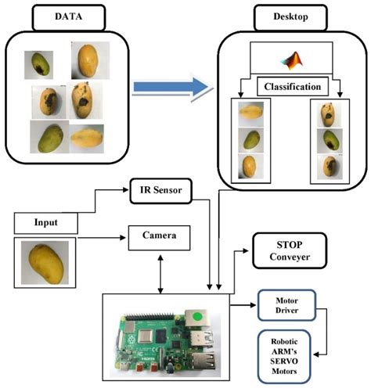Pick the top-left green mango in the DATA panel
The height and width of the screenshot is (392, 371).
click(39, 63)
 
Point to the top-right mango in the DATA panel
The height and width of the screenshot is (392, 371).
click(88, 60)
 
